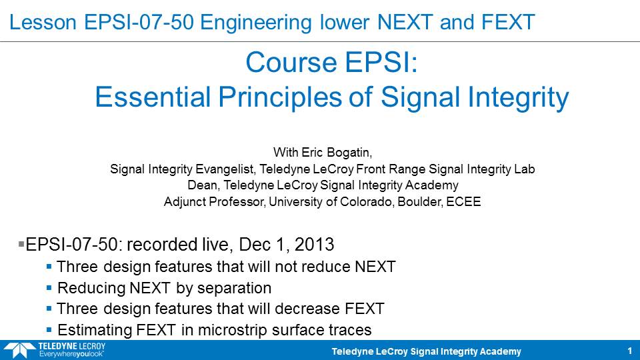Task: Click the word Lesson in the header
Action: [x=43, y=22]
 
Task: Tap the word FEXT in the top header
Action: [x=508, y=22]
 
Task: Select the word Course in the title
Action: [x=291, y=63]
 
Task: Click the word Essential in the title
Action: [x=153, y=97]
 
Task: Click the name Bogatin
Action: [x=347, y=153]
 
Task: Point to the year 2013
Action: [x=314, y=245]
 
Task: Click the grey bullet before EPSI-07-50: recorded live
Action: [x=21, y=244]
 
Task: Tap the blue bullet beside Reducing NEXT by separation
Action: [x=49, y=288]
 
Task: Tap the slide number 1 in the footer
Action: [x=630, y=351]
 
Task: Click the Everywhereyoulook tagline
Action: [x=71, y=354]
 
